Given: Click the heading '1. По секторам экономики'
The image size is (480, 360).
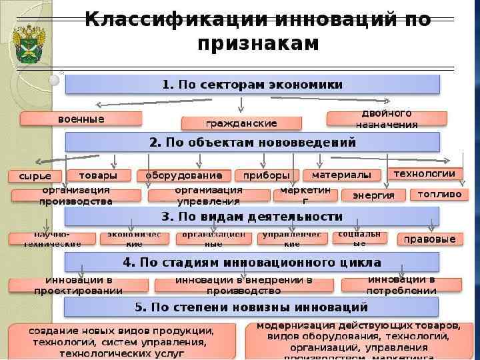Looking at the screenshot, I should (x=253, y=85).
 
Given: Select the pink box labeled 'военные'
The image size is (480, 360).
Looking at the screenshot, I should (x=81, y=119).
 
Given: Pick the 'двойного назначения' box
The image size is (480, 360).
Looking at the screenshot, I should (x=387, y=119).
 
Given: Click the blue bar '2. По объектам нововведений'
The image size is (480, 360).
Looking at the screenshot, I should (x=253, y=142).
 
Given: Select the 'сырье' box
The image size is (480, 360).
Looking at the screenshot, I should (x=35, y=176).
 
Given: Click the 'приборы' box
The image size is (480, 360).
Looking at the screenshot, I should (x=266, y=175).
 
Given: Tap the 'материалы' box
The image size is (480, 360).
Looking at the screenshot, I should (x=341, y=175).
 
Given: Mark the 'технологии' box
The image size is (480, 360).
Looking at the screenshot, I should (x=424, y=173).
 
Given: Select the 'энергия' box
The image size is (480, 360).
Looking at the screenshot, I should (x=373, y=195).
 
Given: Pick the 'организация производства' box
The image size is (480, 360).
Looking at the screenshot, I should (x=76, y=195).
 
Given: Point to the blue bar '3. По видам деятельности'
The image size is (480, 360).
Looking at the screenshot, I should (x=253, y=217).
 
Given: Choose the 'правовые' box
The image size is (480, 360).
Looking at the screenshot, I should (x=431, y=239).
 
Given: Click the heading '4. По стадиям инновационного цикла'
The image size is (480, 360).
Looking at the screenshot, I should (x=253, y=262).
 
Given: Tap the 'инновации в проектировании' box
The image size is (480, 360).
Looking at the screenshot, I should (x=79, y=285).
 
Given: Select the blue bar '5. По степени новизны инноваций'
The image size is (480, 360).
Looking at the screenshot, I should (x=253, y=307).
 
